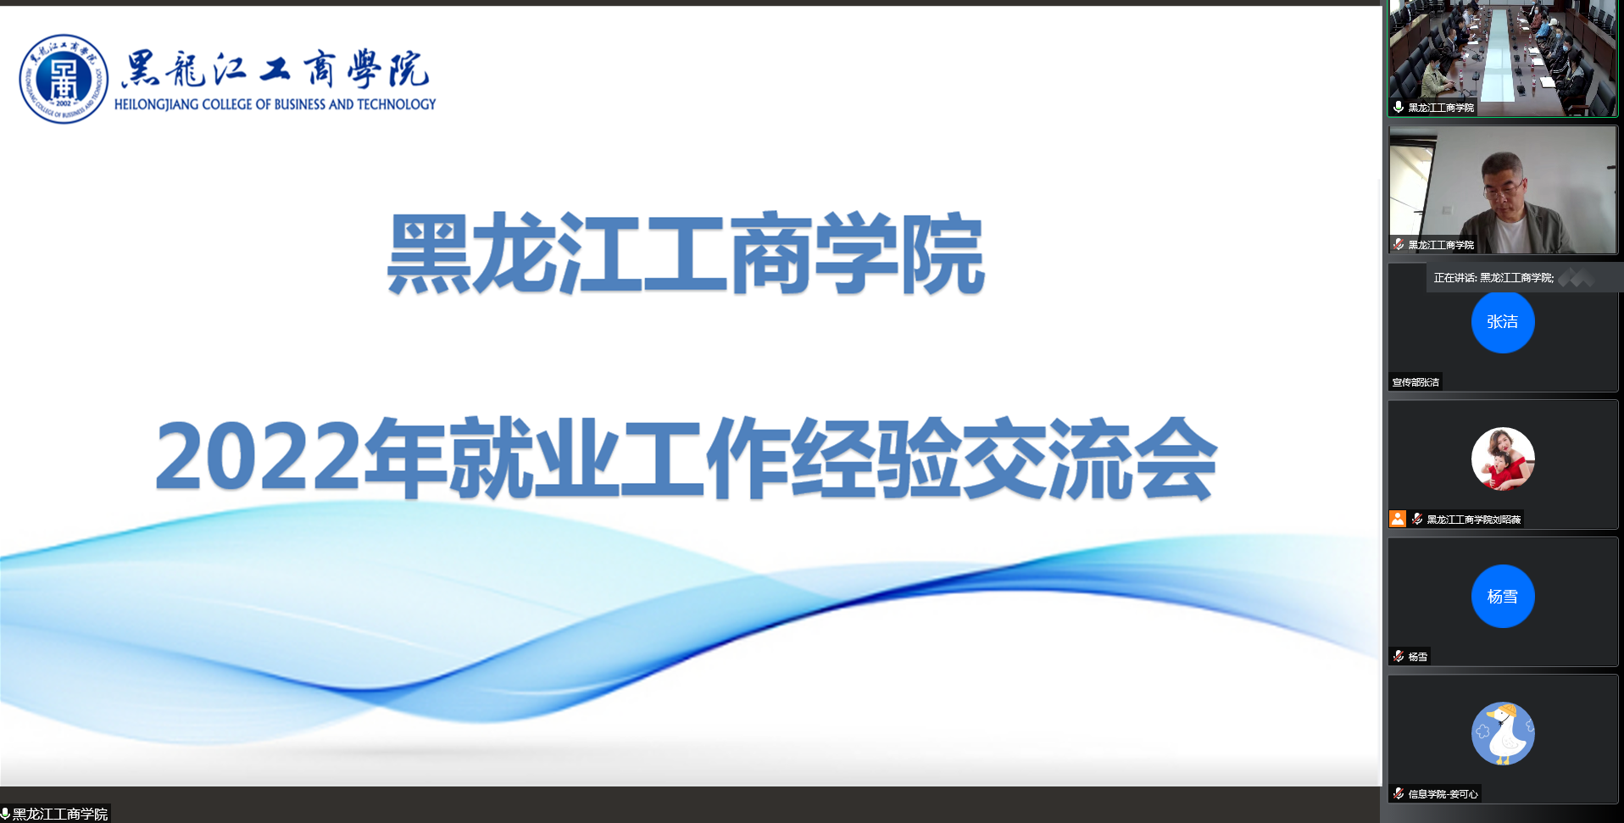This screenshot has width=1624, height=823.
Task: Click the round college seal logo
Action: (64, 79)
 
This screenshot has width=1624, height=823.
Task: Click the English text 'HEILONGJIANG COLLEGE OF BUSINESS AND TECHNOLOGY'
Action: (275, 104)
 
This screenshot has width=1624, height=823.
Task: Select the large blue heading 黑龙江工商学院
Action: (686, 254)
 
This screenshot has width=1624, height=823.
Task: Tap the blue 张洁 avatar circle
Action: (1503, 322)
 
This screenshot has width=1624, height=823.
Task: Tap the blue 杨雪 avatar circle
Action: (1503, 597)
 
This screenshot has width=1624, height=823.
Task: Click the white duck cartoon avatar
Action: (1503, 734)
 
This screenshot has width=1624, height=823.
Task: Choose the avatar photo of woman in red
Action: (1503, 459)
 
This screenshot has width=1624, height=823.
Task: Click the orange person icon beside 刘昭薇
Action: (1398, 519)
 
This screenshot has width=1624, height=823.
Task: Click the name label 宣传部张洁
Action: (1415, 382)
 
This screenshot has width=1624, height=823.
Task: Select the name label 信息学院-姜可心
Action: (1443, 794)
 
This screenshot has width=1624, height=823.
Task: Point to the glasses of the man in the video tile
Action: (1501, 187)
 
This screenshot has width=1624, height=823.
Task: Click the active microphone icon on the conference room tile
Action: (1399, 108)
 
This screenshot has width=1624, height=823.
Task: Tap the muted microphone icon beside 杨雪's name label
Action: (1399, 656)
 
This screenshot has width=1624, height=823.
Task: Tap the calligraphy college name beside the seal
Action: (275, 70)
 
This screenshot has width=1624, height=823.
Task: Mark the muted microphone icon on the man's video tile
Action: (1399, 245)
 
